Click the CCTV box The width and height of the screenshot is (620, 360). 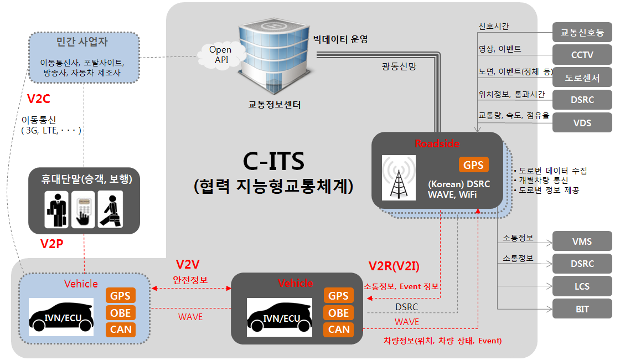point(582,55)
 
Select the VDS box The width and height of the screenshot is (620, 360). point(582,122)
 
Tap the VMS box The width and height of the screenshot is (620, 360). point(582,241)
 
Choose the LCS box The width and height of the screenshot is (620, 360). point(582,286)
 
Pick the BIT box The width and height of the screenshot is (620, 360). point(582,309)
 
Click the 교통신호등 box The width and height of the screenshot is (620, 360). point(582,33)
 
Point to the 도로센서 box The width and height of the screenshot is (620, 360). point(582,78)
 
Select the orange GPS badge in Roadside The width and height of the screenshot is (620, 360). point(473,165)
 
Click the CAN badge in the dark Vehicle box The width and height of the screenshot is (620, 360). point(339,330)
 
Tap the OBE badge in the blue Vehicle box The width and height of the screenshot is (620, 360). point(121,313)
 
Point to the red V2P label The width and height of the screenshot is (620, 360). point(53,244)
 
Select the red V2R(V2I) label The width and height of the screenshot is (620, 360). point(394,266)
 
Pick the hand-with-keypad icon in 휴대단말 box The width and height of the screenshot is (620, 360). point(84,209)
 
